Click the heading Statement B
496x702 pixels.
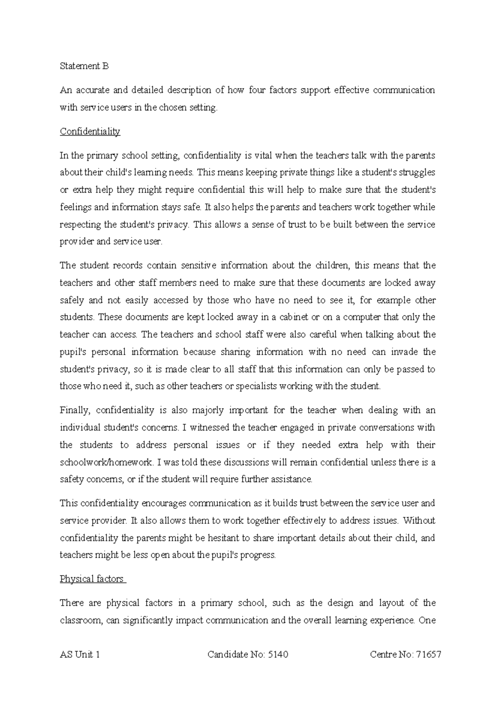(84, 66)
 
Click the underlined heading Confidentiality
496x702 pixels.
(90, 132)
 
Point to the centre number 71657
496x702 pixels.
(429, 654)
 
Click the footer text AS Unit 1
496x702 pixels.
(80, 654)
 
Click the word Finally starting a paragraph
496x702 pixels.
(74, 410)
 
